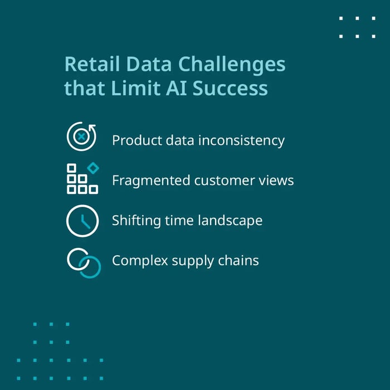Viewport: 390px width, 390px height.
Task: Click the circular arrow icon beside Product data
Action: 81,136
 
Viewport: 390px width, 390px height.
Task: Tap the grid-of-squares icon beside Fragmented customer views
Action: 81,178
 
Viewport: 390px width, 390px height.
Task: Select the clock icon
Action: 81,221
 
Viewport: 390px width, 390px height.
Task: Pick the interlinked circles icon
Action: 84,262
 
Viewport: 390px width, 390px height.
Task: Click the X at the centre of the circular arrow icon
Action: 81,136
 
